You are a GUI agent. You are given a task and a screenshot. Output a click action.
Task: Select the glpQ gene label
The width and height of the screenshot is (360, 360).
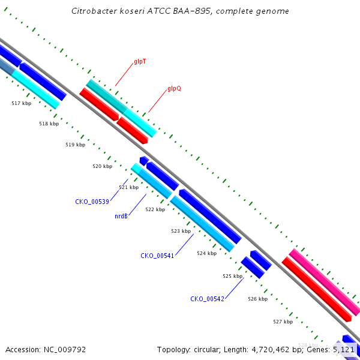tap(174, 88)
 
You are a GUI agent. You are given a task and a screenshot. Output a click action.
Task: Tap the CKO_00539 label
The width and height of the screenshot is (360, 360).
tap(92, 202)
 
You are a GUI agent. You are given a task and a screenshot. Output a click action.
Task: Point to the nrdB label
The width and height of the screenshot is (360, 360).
tap(121, 216)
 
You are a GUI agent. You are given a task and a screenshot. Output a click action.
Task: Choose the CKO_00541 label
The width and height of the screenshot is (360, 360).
tap(157, 256)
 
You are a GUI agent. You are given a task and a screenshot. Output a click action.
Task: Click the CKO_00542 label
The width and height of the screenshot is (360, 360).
tap(207, 299)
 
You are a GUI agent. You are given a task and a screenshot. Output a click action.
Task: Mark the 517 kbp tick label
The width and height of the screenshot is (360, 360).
tap(22, 104)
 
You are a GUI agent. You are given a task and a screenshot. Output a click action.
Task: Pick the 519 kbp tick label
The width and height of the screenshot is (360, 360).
tap(75, 145)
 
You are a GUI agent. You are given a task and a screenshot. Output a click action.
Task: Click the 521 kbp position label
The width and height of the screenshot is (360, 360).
tap(128, 187)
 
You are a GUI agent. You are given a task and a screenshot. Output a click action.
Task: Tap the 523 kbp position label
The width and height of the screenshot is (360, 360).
tap(181, 231)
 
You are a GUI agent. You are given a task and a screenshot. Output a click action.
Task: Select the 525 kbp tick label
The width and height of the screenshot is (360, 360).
tap(232, 276)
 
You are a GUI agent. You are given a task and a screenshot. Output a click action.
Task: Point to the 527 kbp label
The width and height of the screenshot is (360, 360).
tap(283, 322)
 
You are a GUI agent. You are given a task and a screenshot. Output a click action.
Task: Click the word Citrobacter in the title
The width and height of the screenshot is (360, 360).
tap(92, 11)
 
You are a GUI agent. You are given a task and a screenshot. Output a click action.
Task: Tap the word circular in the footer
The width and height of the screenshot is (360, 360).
tap(206, 349)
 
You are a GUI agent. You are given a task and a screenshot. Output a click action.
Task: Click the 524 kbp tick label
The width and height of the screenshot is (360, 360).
tap(206, 253)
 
